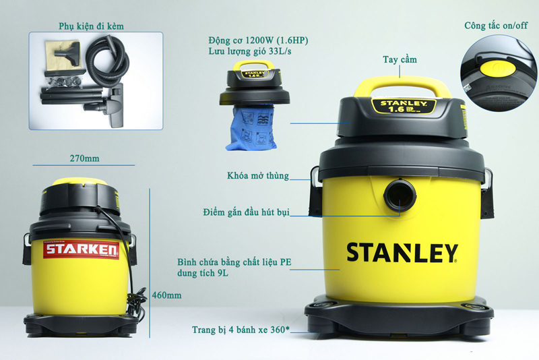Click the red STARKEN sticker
pyautogui.click(x=81, y=251)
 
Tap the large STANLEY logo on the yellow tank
pyautogui.click(x=402, y=252)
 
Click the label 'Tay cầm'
pyautogui.click(x=400, y=60)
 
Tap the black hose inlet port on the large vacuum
pyautogui.click(x=400, y=196)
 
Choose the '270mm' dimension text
pyautogui.click(x=84, y=158)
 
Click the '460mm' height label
pyautogui.click(x=166, y=295)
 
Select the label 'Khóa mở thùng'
pyautogui.click(x=258, y=176)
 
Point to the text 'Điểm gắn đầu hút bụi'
pyautogui.click(x=246, y=213)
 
